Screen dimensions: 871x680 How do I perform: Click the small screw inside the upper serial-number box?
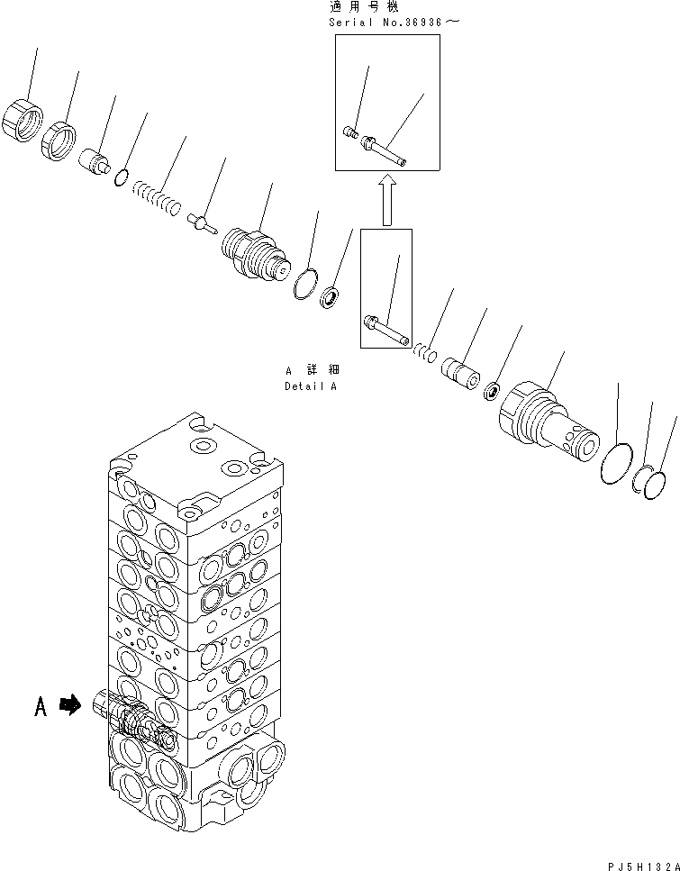(350, 133)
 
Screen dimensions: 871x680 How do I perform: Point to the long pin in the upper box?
(386, 150)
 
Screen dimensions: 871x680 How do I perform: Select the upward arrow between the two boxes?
(386, 200)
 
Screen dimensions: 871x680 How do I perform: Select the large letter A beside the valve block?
(41, 707)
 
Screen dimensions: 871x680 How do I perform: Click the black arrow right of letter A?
(69, 707)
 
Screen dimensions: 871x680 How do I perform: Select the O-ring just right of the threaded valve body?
(306, 283)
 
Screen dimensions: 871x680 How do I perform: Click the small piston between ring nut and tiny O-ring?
(95, 163)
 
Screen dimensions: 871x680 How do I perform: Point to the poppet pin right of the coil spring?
(200, 222)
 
